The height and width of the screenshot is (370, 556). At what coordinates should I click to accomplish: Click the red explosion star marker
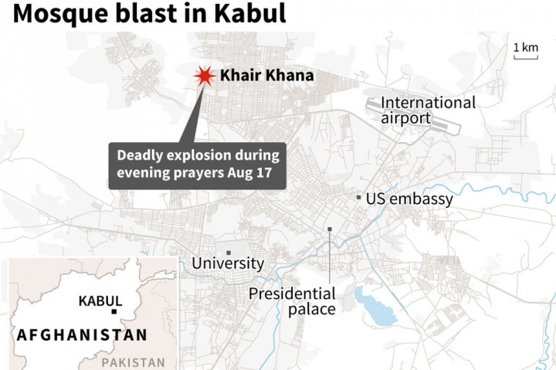click(203, 76)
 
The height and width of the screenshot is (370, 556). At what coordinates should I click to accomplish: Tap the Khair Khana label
click(266, 76)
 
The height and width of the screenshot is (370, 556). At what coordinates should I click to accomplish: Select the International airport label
click(427, 110)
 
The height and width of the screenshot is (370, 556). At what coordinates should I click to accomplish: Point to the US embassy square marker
click(358, 198)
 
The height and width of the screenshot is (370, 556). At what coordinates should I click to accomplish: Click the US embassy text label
click(409, 199)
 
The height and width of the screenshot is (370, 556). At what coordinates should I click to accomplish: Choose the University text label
click(228, 263)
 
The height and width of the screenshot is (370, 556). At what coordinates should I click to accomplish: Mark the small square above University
click(228, 252)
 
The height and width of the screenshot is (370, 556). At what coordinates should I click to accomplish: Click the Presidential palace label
click(292, 301)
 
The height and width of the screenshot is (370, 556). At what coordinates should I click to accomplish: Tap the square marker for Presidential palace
click(330, 229)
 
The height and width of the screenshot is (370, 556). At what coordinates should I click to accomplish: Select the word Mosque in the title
click(54, 13)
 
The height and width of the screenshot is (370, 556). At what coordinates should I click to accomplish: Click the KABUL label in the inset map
click(100, 300)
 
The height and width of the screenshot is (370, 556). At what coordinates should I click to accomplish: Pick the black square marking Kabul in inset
click(114, 311)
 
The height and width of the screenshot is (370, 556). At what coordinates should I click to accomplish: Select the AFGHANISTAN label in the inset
click(82, 335)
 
